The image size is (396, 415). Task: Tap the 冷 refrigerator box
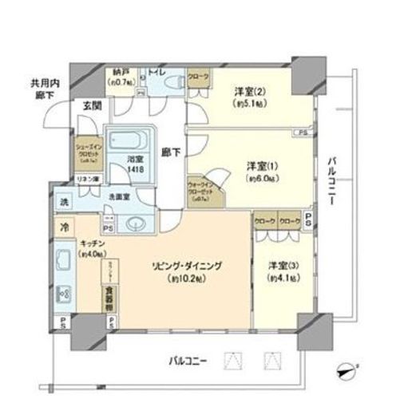click(64, 226)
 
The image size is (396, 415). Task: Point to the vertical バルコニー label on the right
click(332, 184)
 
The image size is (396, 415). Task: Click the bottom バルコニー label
click(189, 362)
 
